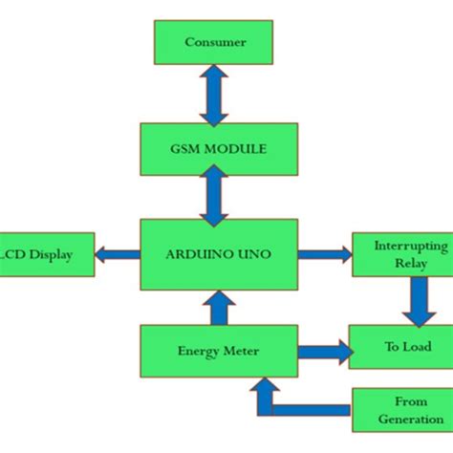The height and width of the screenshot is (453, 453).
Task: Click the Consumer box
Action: [214, 42]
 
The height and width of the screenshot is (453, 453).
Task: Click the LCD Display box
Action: [47, 254]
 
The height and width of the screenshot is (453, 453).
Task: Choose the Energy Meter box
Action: [218, 351]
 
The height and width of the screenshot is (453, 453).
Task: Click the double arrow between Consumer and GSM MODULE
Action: [213, 97]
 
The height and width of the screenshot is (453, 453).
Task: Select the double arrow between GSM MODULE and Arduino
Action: [213, 199]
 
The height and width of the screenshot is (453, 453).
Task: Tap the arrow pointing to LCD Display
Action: [117, 254]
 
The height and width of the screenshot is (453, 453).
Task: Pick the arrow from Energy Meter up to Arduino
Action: [218, 307]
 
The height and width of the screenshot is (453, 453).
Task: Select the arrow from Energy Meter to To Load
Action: [323, 352]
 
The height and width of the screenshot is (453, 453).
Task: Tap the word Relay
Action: [410, 263]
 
